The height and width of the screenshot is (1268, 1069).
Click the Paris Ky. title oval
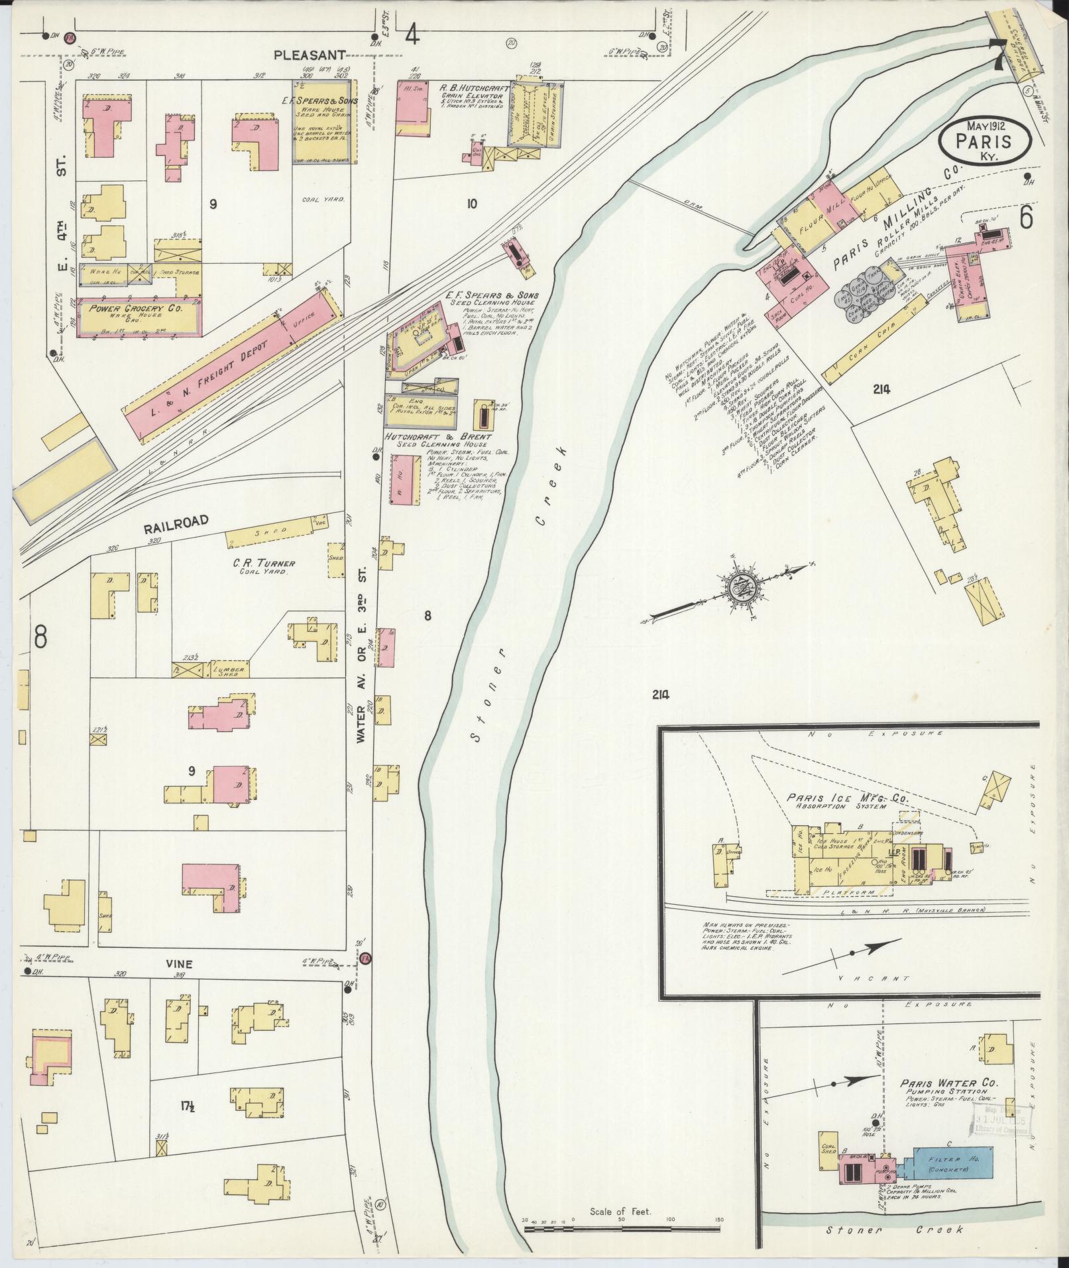point(984,141)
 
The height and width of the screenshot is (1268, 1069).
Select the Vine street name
point(179,964)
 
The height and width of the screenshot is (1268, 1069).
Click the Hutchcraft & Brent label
point(438,437)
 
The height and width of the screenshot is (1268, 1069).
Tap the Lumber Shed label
point(229,669)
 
